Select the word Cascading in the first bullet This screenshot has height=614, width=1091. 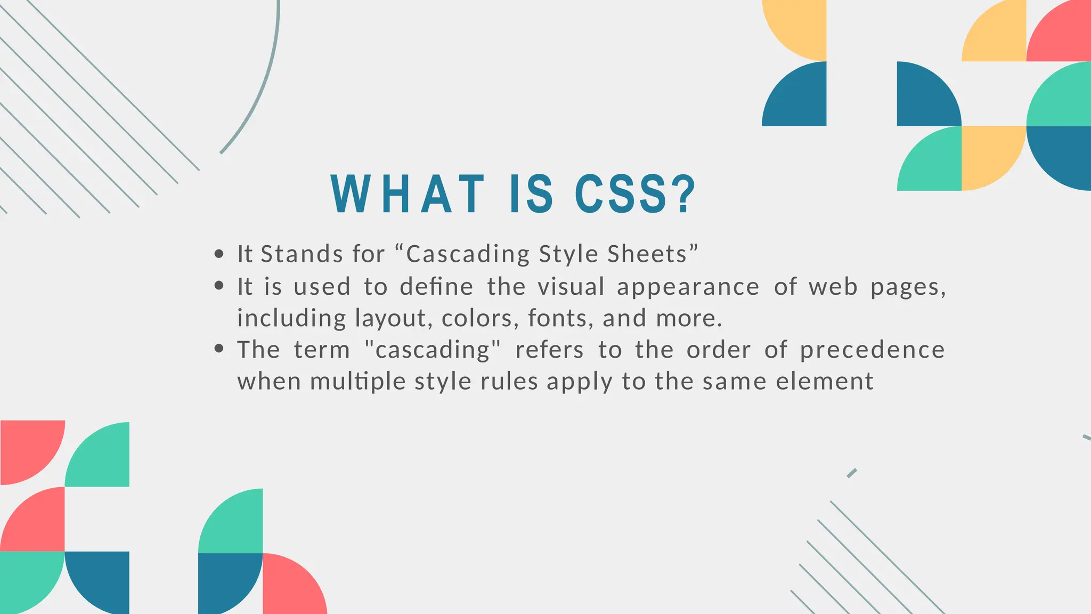click(468, 254)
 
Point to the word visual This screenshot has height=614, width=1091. click(571, 287)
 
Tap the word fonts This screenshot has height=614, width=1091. click(558, 318)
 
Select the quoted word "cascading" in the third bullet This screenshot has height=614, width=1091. click(433, 350)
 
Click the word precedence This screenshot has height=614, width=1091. click(873, 350)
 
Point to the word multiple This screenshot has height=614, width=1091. click(358, 382)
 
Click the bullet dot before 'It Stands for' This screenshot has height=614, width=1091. click(218, 254)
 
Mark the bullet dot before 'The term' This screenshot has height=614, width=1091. click(218, 349)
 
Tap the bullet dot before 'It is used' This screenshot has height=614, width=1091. click(218, 286)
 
